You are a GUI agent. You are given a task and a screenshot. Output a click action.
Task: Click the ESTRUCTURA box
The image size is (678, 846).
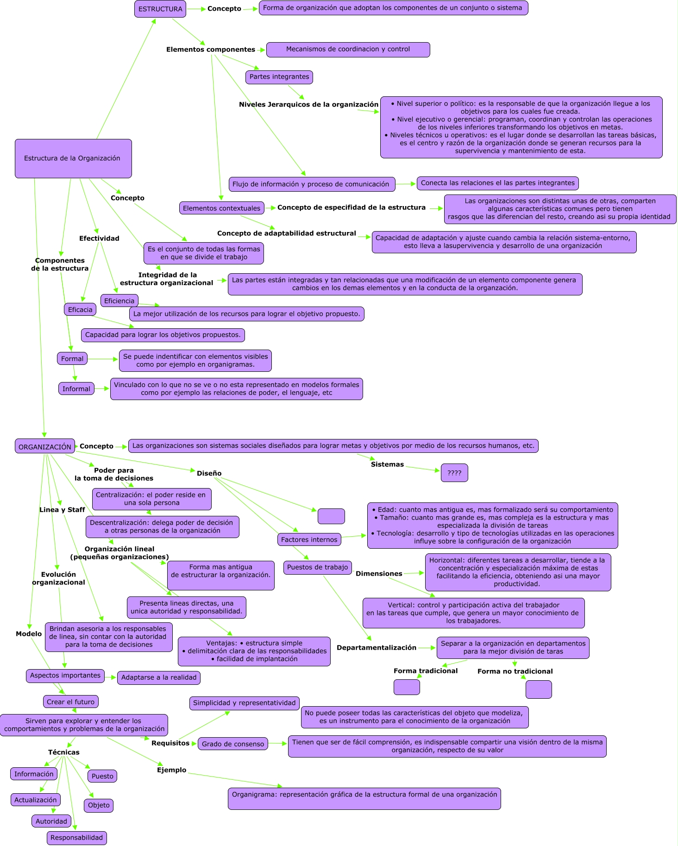coord(160,9)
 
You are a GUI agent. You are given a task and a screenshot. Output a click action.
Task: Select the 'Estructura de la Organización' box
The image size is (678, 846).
coord(73,158)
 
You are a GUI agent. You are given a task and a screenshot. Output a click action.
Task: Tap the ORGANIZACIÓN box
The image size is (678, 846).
coord(45,447)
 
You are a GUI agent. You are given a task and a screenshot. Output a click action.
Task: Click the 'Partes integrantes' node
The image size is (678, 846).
coord(279,77)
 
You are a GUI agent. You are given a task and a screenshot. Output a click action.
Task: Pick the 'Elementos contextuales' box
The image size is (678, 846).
coord(222,208)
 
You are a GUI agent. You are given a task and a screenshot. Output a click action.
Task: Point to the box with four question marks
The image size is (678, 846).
coord(454,473)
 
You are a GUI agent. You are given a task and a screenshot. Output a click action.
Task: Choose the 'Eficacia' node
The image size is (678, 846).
coord(80,310)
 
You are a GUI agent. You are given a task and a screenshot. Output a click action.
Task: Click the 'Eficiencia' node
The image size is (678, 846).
coord(119,301)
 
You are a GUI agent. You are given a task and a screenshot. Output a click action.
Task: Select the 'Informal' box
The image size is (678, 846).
coord(76,389)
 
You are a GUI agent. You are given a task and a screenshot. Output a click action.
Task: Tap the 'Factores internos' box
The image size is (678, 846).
coord(309,539)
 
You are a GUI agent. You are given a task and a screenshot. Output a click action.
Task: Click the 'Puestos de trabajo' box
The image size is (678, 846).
coord(318,567)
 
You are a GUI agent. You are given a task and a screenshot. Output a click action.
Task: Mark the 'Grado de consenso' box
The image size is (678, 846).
coord(233,744)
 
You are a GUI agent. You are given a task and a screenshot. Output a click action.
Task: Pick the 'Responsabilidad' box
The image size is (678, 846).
coord(77,838)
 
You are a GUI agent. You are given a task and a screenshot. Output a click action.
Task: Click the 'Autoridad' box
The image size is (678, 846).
coord(51,821)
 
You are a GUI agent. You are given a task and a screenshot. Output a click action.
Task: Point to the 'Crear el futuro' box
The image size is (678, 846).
coord(71,702)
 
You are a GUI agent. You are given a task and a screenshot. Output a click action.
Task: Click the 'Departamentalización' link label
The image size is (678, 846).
coord(377,648)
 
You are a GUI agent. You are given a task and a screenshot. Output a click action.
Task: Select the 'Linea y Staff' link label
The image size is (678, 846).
coord(62,510)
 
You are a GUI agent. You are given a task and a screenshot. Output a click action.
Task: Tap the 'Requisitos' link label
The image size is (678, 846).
coord(170,743)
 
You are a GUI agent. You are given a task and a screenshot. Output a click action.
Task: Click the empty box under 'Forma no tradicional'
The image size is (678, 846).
coord(539,689)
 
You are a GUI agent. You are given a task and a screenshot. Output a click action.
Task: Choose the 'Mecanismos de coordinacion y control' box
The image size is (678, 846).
coord(348,50)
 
